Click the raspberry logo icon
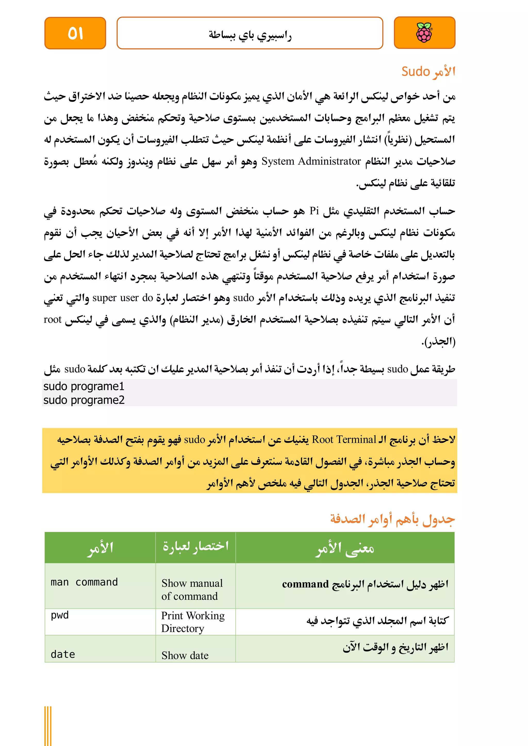pyautogui.click(x=424, y=33)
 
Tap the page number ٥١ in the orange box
pyautogui.click(x=76, y=33)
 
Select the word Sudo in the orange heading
pyautogui.click(x=416, y=71)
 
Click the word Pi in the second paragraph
pyautogui.click(x=314, y=211)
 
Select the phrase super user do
pyautogui.click(x=122, y=298)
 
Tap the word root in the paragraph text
pyautogui.click(x=52, y=320)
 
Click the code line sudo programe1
pyautogui.click(x=84, y=386)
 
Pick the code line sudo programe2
pyautogui.click(x=84, y=400)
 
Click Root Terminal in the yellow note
pyautogui.click(x=344, y=440)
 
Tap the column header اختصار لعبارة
pyautogui.click(x=196, y=546)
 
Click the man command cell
pyautogui.click(x=84, y=582)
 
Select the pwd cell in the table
pyautogui.click(x=60, y=615)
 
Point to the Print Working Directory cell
pyautogui.click(x=193, y=622)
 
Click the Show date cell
pyautogui.click(x=185, y=655)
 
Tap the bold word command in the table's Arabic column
pyautogui.click(x=305, y=584)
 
